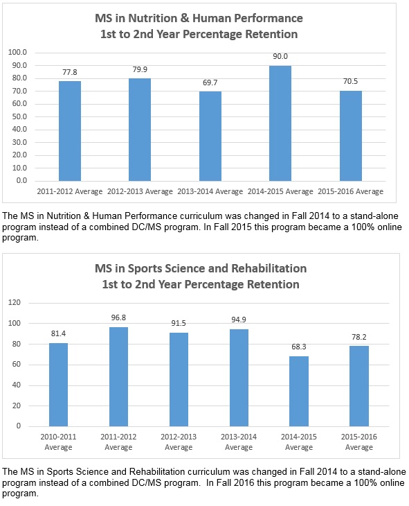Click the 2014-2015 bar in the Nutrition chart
pyautogui.click(x=280, y=123)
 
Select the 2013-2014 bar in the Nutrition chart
pyautogui.click(x=210, y=136)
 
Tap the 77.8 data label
pyautogui.click(x=70, y=72)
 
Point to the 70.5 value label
pyautogui.click(x=350, y=81)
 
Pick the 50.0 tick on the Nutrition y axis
pyautogui.click(x=19, y=116)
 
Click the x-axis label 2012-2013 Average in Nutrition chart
pyautogui.click(x=140, y=192)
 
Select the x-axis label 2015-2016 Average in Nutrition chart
pyautogui.click(x=351, y=192)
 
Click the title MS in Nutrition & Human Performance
pyautogui.click(x=199, y=19)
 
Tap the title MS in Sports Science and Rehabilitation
pyautogui.click(x=201, y=268)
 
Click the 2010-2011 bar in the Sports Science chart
pyautogui.click(x=58, y=385)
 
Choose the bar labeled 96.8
pyautogui.click(x=118, y=377)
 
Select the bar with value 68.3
pyautogui.click(x=299, y=392)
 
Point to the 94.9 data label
pyautogui.click(x=239, y=320)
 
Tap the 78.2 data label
pyautogui.click(x=359, y=338)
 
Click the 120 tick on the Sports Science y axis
pyautogui.click(x=14, y=303)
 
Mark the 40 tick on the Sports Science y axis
pyautogui.click(x=17, y=385)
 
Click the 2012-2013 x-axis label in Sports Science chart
pyautogui.click(x=179, y=442)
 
